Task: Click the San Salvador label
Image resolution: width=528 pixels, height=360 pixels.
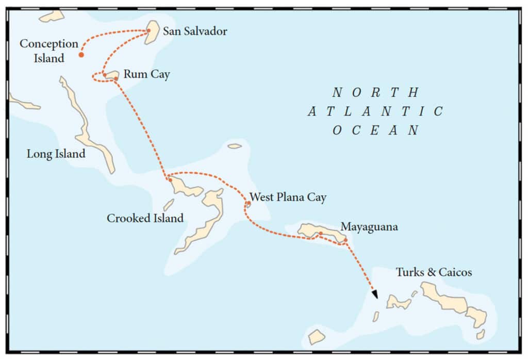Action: tap(194, 31)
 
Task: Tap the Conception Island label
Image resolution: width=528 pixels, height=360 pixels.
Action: tap(49, 51)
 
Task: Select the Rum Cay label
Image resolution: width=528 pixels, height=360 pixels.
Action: tap(146, 75)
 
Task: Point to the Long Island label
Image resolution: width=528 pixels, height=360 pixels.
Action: tap(56, 154)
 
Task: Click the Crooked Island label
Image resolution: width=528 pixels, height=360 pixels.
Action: tap(145, 218)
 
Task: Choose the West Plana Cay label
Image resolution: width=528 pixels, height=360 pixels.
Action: tap(288, 198)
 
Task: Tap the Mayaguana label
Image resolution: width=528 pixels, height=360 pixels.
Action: tap(369, 226)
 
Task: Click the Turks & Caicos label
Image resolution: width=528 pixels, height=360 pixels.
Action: tap(433, 272)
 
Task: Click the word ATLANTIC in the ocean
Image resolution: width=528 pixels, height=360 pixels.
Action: tap(375, 111)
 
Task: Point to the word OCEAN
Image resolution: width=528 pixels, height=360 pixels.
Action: tap(375, 130)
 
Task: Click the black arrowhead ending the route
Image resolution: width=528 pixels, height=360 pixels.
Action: tap(375, 294)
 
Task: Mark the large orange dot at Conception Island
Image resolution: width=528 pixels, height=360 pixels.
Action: tap(81, 55)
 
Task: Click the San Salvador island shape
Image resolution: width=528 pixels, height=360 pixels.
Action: tap(152, 32)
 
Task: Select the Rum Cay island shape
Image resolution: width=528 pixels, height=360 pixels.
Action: tap(112, 75)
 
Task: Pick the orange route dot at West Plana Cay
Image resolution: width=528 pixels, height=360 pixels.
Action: tap(248, 204)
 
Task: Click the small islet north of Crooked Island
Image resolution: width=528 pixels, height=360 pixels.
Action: tap(235, 146)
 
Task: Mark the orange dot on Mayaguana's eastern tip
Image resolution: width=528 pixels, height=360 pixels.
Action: tap(345, 240)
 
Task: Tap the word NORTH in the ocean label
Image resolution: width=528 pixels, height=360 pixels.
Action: tap(375, 93)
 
